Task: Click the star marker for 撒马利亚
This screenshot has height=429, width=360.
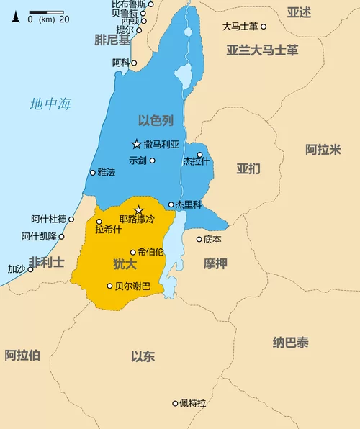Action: coord(136,144)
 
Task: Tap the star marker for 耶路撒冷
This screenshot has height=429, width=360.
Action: coord(139,209)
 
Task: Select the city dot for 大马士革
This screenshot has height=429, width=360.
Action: coord(264,27)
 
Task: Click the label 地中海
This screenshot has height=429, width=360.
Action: coord(50,104)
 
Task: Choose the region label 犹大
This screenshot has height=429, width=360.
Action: coord(125,264)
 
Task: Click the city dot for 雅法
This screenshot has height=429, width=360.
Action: coord(92,173)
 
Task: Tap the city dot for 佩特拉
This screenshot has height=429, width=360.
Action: coord(175,403)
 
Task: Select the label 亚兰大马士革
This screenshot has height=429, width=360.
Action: coord(262,50)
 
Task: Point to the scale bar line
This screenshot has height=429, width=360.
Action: coord(47,12)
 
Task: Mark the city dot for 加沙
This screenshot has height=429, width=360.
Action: coord(30,269)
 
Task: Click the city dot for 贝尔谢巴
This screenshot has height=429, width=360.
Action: coord(109,286)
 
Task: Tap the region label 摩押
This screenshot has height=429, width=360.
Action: coord(215,264)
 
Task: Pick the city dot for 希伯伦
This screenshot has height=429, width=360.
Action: coord(133,252)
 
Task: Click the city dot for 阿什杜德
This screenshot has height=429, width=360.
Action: coord(71,219)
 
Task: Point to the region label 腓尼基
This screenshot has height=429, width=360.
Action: coord(112,40)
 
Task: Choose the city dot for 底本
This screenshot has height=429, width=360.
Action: coord(199,239)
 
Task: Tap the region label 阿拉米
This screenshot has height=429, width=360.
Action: coord(323,150)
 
